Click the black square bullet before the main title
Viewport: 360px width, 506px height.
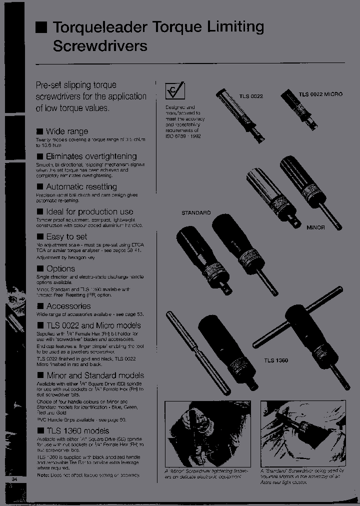pyautogui.click(x=41, y=27)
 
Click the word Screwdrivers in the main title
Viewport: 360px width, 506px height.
pyautogui.click(x=100, y=46)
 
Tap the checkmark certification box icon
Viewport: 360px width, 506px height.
pyautogui.click(x=175, y=91)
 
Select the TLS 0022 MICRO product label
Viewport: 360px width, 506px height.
pyautogui.click(x=320, y=94)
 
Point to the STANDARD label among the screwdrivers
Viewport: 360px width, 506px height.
pyautogui.click(x=196, y=213)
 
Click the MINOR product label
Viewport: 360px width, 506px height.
pyautogui.click(x=315, y=227)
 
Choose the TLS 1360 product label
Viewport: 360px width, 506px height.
pyautogui.click(x=276, y=360)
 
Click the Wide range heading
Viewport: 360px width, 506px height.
pyautogui.click(x=66, y=131)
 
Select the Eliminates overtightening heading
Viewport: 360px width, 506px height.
pyautogui.click(x=91, y=156)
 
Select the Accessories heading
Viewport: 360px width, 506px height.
pyautogui.click(x=68, y=306)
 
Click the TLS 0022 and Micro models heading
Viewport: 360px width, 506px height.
pyautogui.click(x=93, y=325)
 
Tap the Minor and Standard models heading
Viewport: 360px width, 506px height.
pyautogui.click(x=95, y=375)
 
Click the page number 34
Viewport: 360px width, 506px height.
pyautogui.click(x=14, y=480)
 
